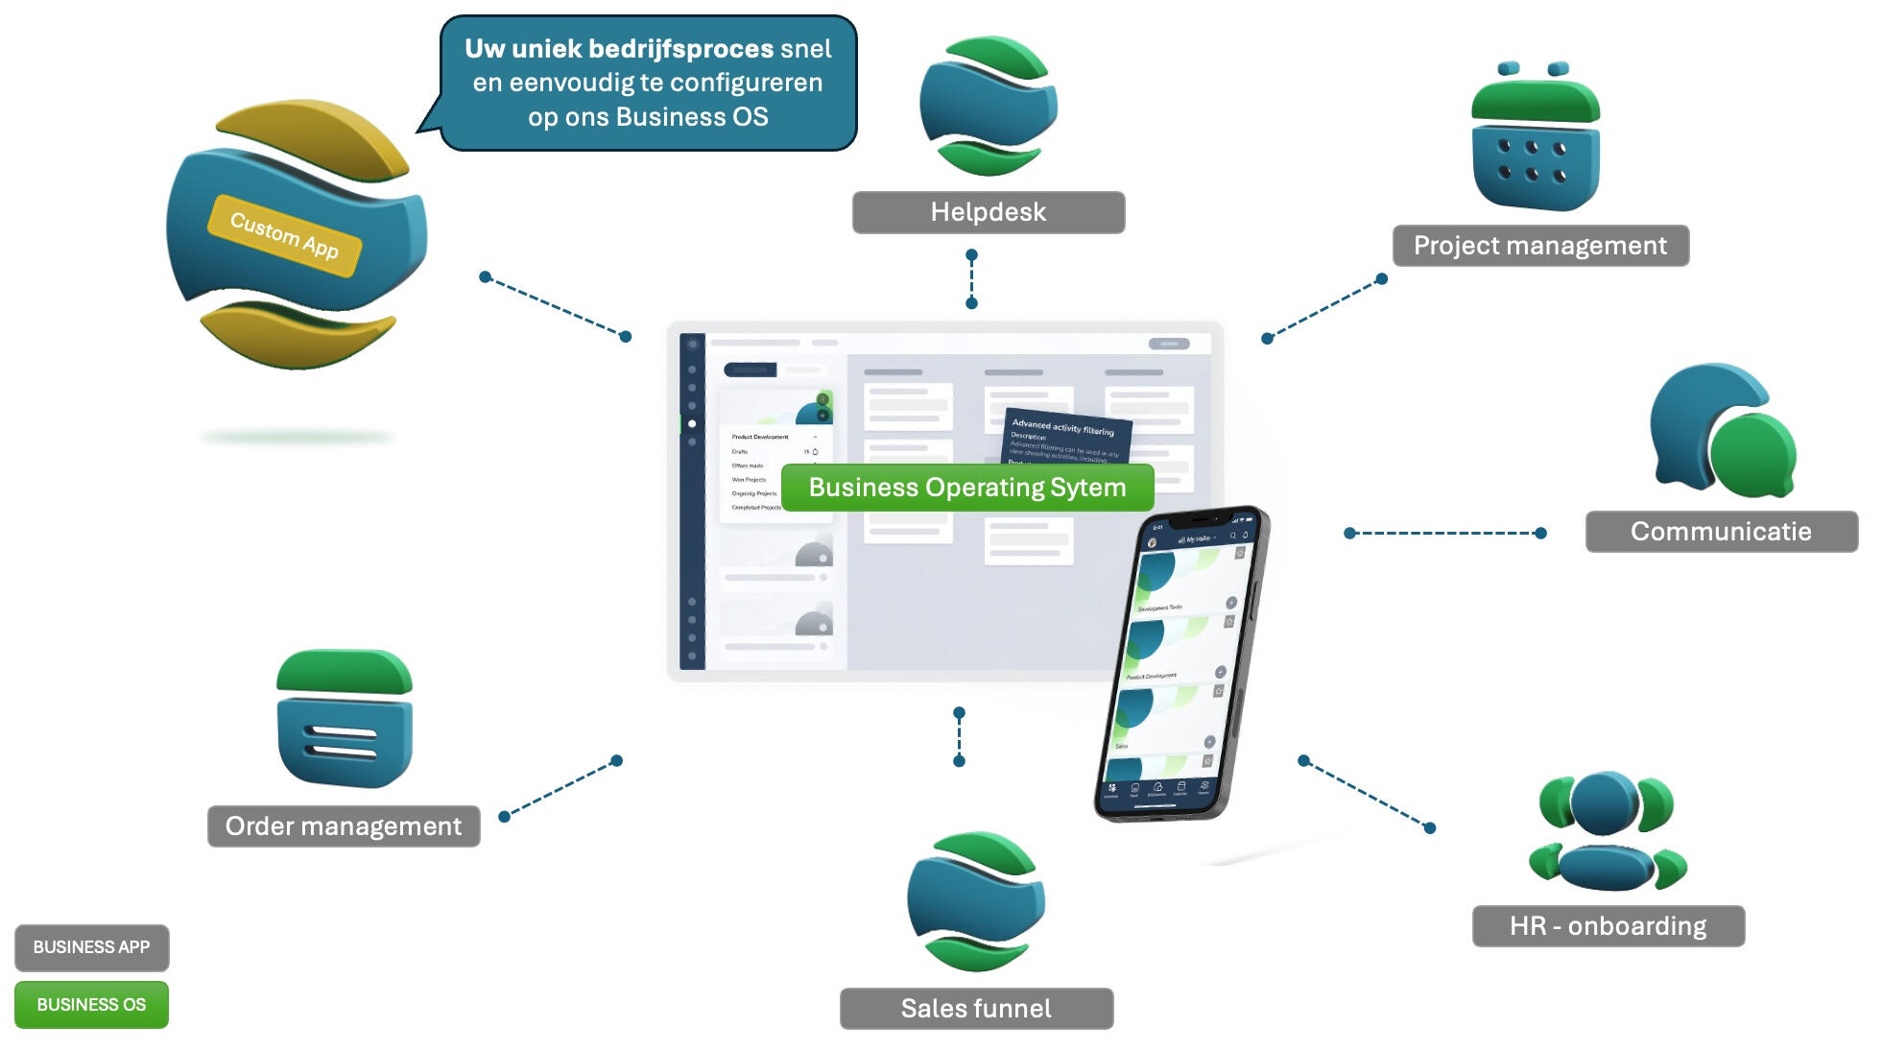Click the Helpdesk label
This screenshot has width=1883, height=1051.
click(988, 212)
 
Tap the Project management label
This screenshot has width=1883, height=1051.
click(1539, 246)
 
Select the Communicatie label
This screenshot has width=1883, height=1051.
click(1721, 532)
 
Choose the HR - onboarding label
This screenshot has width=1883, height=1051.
click(1608, 926)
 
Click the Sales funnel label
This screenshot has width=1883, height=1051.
click(976, 1009)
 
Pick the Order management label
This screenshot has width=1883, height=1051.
click(344, 826)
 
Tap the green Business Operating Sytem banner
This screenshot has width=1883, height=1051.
click(967, 488)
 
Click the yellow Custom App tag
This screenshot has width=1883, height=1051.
click(284, 236)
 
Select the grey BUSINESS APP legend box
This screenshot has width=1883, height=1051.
click(92, 947)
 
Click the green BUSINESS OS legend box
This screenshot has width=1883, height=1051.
click(92, 1005)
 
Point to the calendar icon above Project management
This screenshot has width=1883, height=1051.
click(1536, 139)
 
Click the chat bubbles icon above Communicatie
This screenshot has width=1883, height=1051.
click(1721, 432)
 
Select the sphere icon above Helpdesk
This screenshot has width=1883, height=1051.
click(988, 106)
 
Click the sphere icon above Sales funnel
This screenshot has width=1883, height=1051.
click(976, 902)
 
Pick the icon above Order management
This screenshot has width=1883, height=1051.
click(345, 720)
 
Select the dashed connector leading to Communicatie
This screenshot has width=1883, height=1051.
click(1444, 533)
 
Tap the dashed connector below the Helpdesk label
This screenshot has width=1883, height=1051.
click(971, 279)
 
